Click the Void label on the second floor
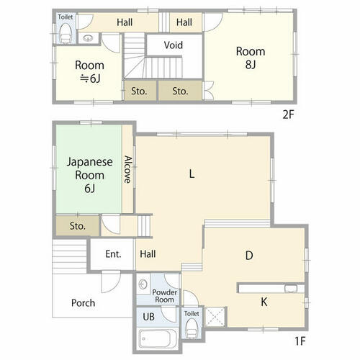click(x=174, y=45)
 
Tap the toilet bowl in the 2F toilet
click(x=66, y=34)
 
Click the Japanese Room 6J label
click(x=89, y=175)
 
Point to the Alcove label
click(x=127, y=169)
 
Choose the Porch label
click(x=83, y=303)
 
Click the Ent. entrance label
click(x=113, y=254)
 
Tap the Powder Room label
click(x=165, y=296)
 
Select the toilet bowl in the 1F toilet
click(x=192, y=328)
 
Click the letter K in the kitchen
click(x=264, y=302)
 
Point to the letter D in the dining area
click(x=249, y=256)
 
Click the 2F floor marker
click(x=288, y=114)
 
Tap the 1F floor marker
click(x=300, y=341)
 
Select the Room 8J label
click(x=251, y=58)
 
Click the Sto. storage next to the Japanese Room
click(x=78, y=226)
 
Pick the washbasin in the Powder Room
click(x=143, y=284)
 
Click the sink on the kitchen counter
click(x=291, y=288)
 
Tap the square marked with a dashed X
click(x=215, y=317)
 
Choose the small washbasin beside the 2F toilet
click(x=87, y=38)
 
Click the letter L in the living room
click(x=192, y=174)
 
